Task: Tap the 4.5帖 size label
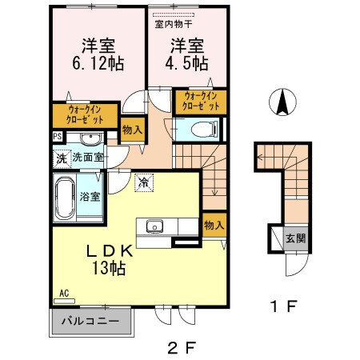pyautogui.click(x=186, y=62)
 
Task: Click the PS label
pyautogui.click(x=58, y=137)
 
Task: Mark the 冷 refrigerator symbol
pyautogui.click(x=144, y=182)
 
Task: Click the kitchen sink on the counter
pyautogui.click(x=154, y=225)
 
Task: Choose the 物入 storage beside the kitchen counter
pyautogui.click(x=213, y=225)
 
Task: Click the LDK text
pyautogui.click(x=115, y=250)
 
